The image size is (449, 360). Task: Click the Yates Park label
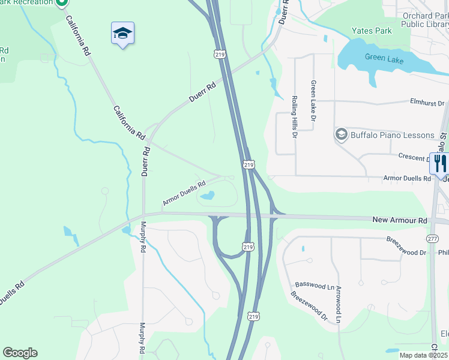tap(372, 31)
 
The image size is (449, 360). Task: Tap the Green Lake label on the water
tap(384, 59)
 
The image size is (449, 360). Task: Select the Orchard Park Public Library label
tap(424, 20)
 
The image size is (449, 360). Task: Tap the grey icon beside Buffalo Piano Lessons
tap(342, 134)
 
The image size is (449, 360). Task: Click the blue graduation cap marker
tap(122, 34)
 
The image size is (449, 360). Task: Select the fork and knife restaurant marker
tap(440, 163)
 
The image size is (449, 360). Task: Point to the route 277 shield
tap(432, 239)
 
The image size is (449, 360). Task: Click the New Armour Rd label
tap(400, 221)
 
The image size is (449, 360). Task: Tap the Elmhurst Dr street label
tap(428, 103)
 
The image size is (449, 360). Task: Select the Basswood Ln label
tap(315, 286)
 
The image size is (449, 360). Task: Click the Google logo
tap(20, 352)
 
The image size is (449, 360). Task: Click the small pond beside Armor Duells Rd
tap(208, 196)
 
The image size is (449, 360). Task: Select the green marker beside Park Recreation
tap(62, 4)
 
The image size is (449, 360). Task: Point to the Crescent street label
tap(412, 156)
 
